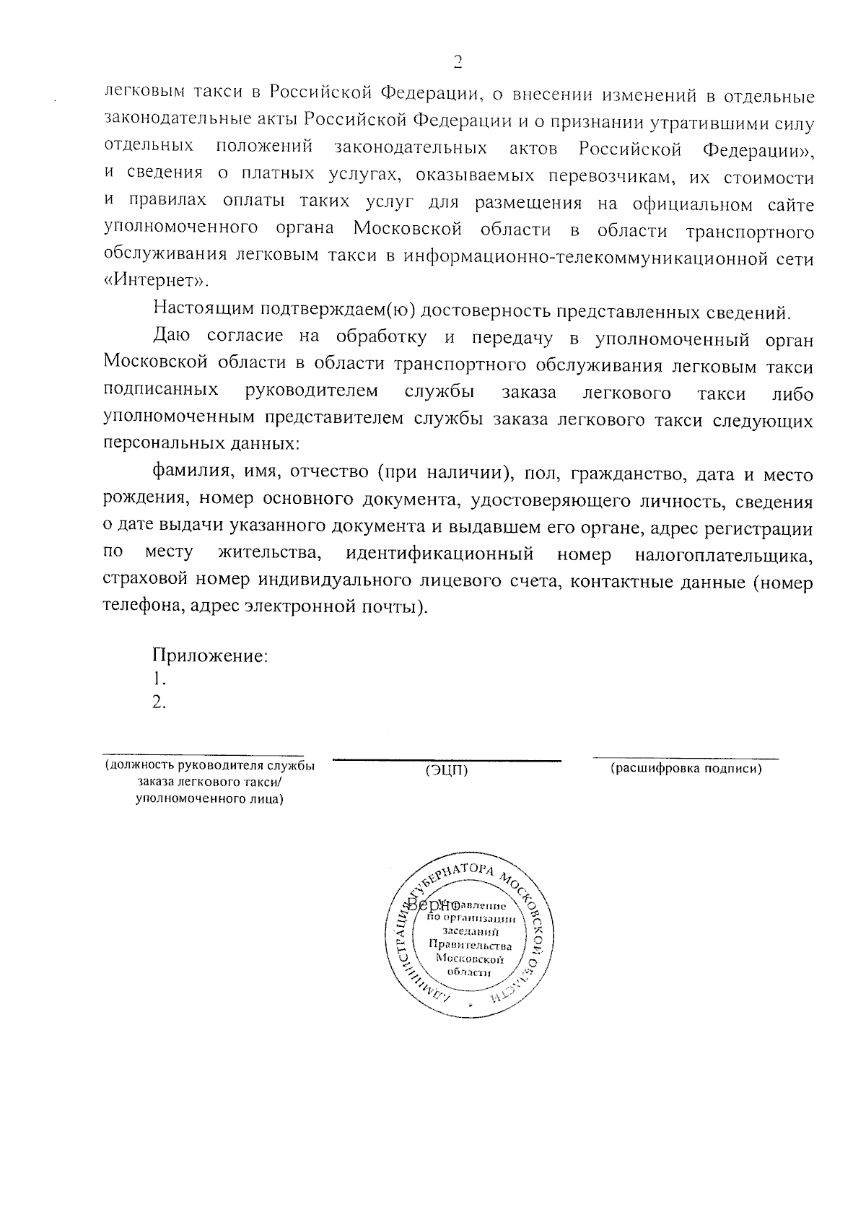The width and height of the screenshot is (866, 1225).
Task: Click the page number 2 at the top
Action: click(x=457, y=61)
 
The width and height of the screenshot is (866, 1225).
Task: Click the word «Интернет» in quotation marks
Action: click(x=158, y=282)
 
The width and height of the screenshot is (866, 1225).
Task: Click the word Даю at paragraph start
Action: click(x=170, y=337)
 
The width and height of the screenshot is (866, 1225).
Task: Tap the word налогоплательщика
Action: click(x=723, y=556)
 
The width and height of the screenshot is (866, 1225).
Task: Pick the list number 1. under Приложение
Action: click(x=159, y=679)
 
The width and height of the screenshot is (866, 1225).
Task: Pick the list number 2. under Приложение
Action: click(x=159, y=702)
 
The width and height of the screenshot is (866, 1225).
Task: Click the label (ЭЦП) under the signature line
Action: click(x=447, y=771)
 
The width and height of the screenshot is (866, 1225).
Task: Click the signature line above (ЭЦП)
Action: click(x=447, y=759)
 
